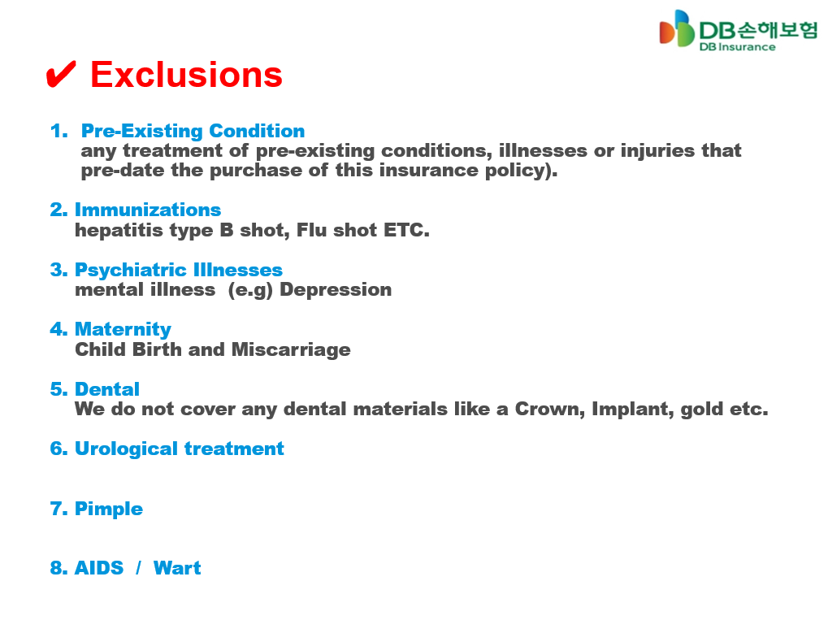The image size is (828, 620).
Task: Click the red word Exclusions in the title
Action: click(186, 75)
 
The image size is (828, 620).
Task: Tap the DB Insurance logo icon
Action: click(676, 28)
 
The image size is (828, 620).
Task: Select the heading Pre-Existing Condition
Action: click(193, 131)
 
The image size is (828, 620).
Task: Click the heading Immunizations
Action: click(148, 210)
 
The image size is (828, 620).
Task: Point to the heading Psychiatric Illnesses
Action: click(179, 270)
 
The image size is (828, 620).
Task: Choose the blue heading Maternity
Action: click(123, 329)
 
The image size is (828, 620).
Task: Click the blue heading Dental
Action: click(107, 389)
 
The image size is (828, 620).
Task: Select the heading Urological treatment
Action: click(180, 449)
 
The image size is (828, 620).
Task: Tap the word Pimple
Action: click(109, 509)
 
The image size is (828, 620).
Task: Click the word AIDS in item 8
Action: click(99, 568)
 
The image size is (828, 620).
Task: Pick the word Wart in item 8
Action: click(177, 568)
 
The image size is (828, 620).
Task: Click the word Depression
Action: click(336, 290)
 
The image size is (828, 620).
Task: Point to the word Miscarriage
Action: click(291, 349)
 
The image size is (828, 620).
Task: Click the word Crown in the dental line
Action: click(550, 410)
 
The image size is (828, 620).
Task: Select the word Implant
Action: click(633, 410)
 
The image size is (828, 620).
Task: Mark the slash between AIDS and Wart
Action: click(138, 568)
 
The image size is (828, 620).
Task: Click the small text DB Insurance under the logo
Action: click(738, 47)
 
